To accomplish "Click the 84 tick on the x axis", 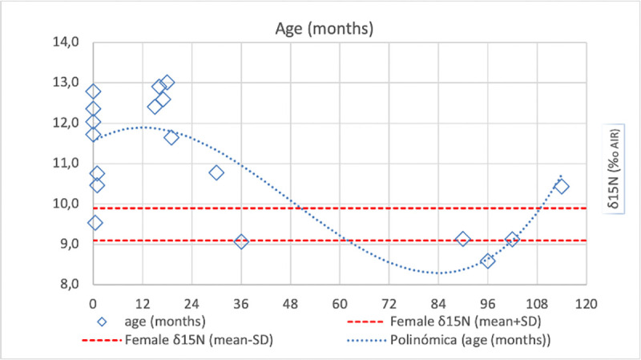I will coord(438,305).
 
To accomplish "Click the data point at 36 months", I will coord(241,241).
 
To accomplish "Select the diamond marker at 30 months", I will coord(216,172).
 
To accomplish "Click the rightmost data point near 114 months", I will coord(562,186).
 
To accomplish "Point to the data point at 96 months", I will coord(488,261).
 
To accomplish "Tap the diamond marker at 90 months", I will coord(463,239).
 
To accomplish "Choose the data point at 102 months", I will coord(512,239).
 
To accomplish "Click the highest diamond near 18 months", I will coord(167,82).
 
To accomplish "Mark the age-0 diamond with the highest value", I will coord(93,91).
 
